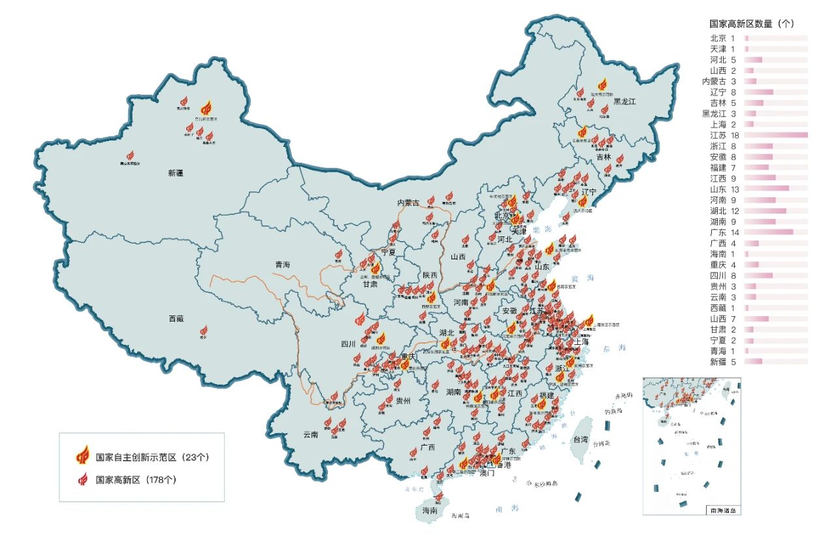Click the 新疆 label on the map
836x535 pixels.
(176, 173)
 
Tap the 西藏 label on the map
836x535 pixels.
(176, 319)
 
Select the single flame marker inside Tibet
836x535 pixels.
(204, 331)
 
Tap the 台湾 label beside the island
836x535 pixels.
(580, 440)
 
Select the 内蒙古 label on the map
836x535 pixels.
(409, 203)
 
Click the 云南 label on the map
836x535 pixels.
(310, 434)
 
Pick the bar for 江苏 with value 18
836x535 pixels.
(775, 135)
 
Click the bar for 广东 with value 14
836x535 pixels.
(768, 232)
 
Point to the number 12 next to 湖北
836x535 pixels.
(734, 211)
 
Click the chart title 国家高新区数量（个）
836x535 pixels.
(752, 24)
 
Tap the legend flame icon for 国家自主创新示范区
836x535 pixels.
(83, 455)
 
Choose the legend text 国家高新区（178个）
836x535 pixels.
(136, 479)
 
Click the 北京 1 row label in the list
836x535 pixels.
(722, 39)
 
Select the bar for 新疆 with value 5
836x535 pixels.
(752, 361)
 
